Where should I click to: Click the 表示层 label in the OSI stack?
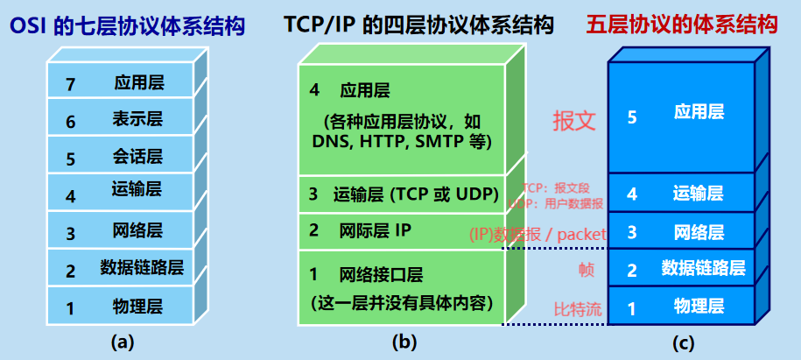(137, 120)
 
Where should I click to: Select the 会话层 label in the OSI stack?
(137, 157)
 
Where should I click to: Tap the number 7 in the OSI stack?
(71, 85)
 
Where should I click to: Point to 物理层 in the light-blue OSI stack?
(137, 307)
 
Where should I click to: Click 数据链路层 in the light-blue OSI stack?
(142, 267)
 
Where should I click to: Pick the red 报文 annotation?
(574, 121)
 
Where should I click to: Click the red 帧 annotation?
(586, 271)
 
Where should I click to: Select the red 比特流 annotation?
(578, 309)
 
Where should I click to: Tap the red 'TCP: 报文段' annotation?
(556, 188)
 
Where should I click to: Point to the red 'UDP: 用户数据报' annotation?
(556, 203)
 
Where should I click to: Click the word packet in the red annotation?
(581, 235)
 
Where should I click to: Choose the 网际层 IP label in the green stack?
(375, 231)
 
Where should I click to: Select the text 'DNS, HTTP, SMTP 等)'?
(402, 142)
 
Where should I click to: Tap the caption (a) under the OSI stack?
(122, 342)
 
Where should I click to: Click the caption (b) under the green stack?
(404, 342)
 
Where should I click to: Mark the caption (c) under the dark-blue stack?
(682, 342)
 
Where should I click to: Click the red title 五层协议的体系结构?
(682, 24)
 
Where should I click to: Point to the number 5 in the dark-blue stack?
(632, 117)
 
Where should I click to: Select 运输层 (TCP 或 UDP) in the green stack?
(416, 194)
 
